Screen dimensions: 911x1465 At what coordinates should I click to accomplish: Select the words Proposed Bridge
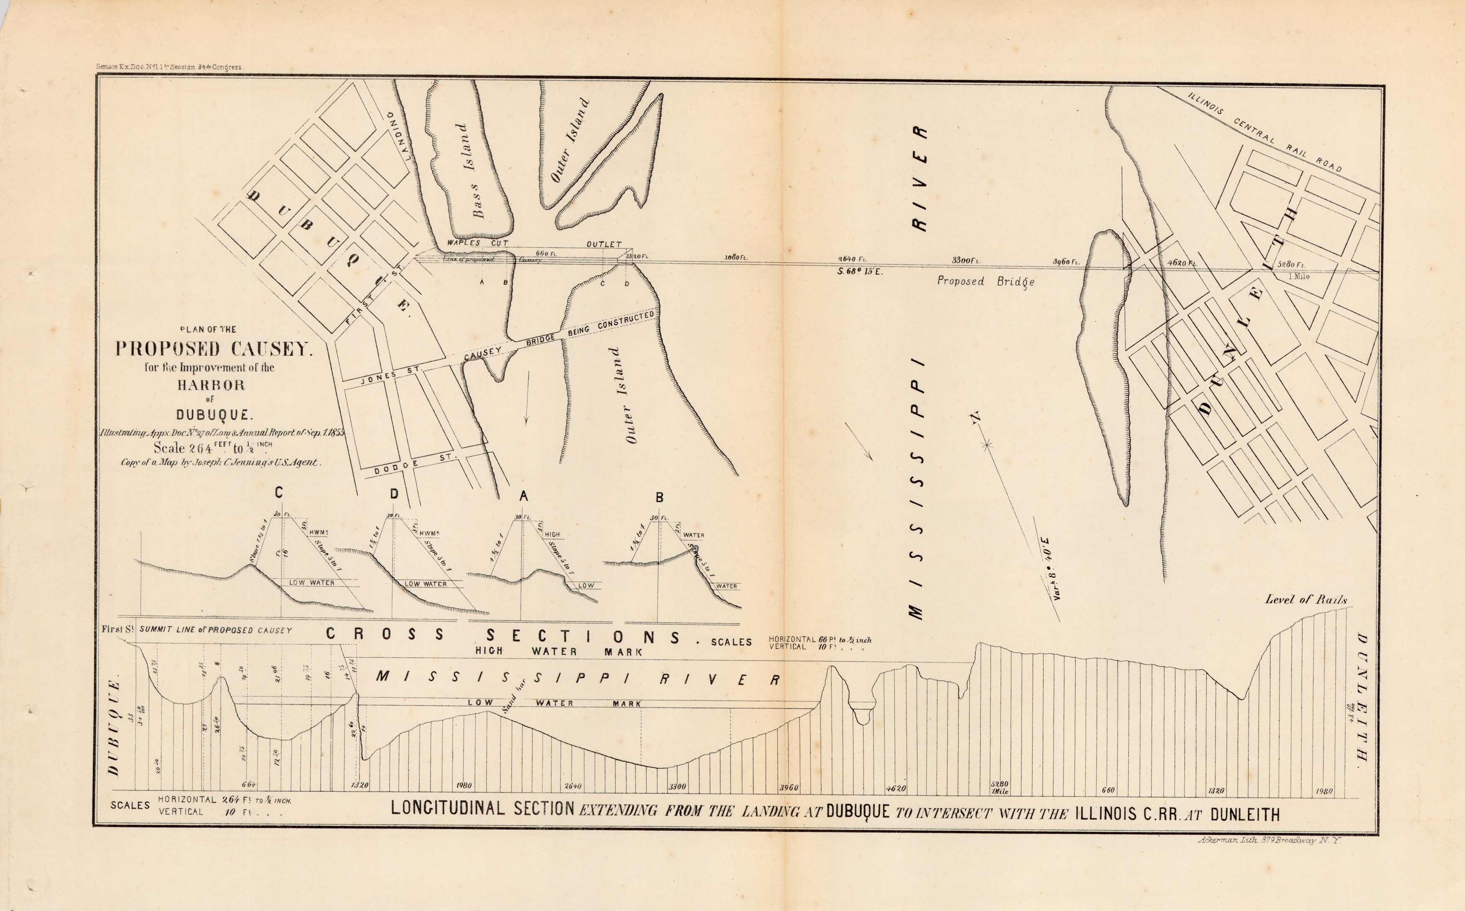[985, 281]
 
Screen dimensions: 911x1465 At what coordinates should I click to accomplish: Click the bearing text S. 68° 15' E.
[860, 272]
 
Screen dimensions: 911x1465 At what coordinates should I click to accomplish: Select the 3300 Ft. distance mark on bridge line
[966, 261]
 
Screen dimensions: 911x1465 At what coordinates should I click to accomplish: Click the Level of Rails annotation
[1306, 600]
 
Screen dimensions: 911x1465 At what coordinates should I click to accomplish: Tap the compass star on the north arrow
[987, 445]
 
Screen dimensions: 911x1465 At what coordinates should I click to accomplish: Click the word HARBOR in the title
[211, 385]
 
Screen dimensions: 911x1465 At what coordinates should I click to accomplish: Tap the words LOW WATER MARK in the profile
[554, 703]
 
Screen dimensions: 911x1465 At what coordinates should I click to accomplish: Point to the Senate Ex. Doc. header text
[169, 67]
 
